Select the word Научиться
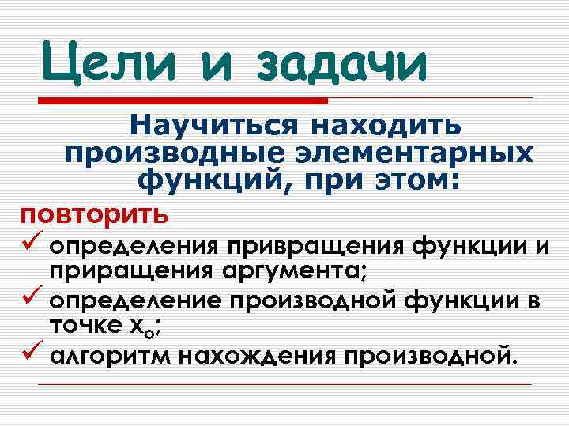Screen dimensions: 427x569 [214, 125]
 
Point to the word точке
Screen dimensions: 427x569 [81, 324]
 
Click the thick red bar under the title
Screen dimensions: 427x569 [183, 101]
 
